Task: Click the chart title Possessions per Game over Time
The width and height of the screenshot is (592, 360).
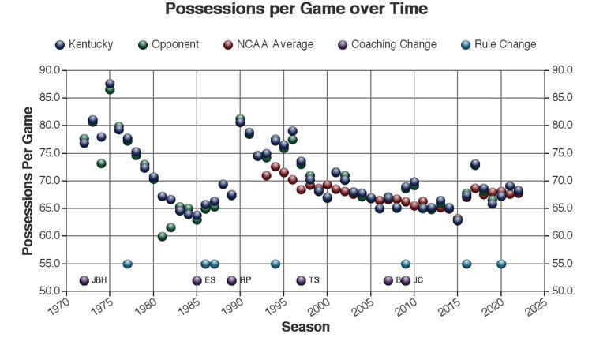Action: point(296,9)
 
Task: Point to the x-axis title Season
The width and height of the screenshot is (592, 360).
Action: point(305,327)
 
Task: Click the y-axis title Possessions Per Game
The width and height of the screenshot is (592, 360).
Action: point(28,181)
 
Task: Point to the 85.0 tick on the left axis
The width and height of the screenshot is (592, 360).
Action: point(49,98)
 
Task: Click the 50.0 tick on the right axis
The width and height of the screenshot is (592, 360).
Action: point(563,291)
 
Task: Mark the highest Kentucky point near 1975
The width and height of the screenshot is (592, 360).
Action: point(110,84)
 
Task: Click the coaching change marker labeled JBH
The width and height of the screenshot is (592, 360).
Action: point(84,280)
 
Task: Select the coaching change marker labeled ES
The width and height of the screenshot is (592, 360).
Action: point(197,280)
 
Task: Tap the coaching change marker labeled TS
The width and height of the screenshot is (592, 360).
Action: point(301,280)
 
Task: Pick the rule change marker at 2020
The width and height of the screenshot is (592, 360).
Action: point(501,264)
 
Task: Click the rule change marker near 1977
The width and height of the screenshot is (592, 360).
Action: point(127,264)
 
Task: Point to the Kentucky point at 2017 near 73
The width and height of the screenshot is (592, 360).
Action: point(475,165)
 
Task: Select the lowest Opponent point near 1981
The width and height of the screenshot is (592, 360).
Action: point(162,236)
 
